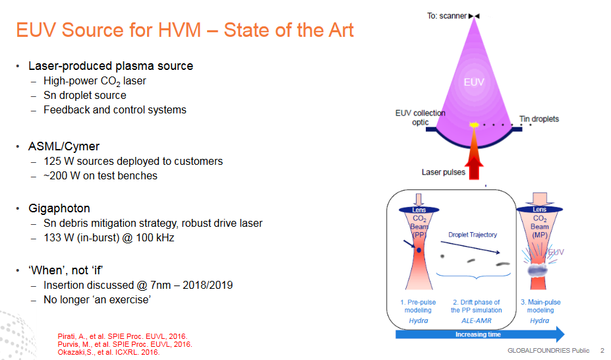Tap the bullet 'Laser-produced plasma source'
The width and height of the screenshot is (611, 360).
tap(111, 66)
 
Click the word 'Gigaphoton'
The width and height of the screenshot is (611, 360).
tap(59, 208)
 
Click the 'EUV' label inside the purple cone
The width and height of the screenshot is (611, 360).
tap(475, 82)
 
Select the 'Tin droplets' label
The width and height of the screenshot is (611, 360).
tap(538, 119)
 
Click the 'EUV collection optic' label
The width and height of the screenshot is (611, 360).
tap(420, 117)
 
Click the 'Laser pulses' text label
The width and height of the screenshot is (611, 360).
tap(443, 173)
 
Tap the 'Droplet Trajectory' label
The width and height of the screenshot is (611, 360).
tap(473, 235)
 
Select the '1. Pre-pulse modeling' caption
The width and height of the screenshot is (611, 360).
tap(418, 306)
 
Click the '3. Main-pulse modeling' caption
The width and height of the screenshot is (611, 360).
tap(539, 306)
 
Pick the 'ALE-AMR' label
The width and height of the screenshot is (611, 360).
tap(475, 320)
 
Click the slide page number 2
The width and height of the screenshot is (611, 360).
tap(602, 350)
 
